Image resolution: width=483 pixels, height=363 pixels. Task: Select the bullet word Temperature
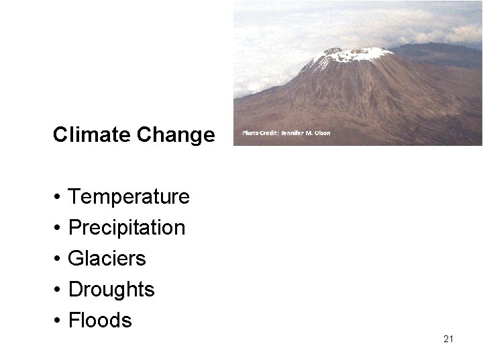[x=129, y=197]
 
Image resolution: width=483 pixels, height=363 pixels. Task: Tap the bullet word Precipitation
[x=127, y=228]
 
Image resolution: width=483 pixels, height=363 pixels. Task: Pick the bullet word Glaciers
[x=107, y=259]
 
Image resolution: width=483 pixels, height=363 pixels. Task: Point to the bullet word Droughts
[x=111, y=290]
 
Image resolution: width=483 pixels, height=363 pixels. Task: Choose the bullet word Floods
[x=101, y=321]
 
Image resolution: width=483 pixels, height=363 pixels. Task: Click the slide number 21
[x=449, y=339]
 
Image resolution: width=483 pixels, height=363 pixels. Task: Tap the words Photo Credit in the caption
[x=259, y=133]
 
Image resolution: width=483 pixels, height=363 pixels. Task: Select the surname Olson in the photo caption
[x=323, y=133]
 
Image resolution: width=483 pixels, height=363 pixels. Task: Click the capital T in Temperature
[x=74, y=197]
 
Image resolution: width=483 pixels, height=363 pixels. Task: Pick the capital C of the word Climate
[x=59, y=135]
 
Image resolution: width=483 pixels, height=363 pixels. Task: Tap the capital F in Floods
[x=74, y=321]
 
